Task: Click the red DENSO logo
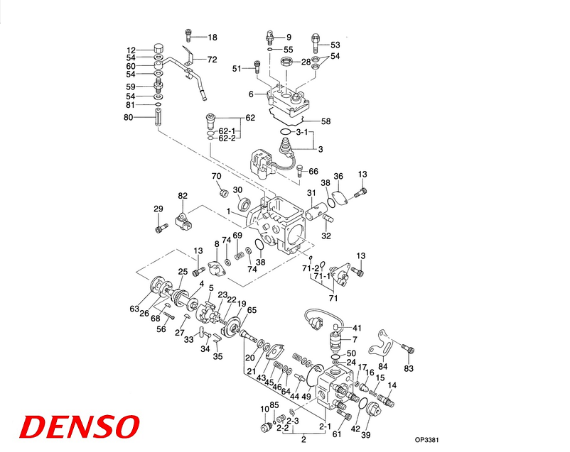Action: click(77, 426)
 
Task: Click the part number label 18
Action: click(213, 37)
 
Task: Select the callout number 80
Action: click(129, 117)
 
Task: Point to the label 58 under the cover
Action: click(326, 121)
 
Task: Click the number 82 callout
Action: click(183, 195)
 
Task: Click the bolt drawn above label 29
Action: click(158, 228)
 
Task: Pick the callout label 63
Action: click(134, 308)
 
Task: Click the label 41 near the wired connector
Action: click(357, 328)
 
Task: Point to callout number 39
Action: click(366, 436)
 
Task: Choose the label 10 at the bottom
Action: click(264, 409)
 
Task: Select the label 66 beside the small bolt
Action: click(313, 171)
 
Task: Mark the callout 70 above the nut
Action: click(216, 176)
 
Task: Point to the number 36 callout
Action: click(338, 176)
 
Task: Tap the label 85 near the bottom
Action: click(275, 405)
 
